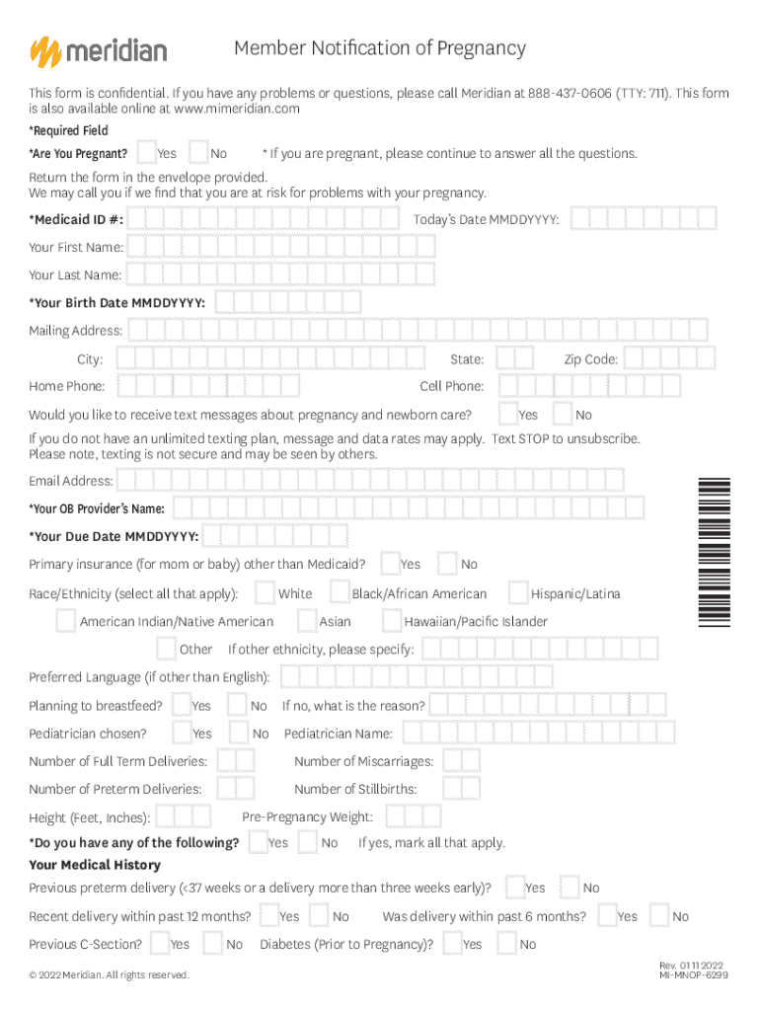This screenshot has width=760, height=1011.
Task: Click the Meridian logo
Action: tap(98, 50)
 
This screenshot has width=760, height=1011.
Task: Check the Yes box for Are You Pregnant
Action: tap(146, 153)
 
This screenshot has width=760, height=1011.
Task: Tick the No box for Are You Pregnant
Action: tap(198, 153)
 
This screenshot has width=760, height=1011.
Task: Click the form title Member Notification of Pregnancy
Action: tap(380, 48)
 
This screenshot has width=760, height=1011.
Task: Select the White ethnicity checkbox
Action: tap(265, 592)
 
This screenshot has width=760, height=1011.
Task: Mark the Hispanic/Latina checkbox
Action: tap(518, 592)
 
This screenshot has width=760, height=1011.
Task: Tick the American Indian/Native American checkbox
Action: tap(66, 621)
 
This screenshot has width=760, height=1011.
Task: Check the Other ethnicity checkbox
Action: tap(167, 649)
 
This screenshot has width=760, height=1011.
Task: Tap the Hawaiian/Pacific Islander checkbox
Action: tap(392, 621)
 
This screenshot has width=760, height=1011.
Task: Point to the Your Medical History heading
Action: tap(95, 865)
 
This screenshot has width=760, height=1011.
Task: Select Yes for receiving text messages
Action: tap(508, 414)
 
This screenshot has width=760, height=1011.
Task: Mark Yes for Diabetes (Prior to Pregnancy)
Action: tap(451, 944)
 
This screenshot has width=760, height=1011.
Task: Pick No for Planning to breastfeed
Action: tap(238, 705)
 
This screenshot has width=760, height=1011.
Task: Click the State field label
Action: tap(466, 359)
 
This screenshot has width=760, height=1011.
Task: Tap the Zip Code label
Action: tap(590, 359)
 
